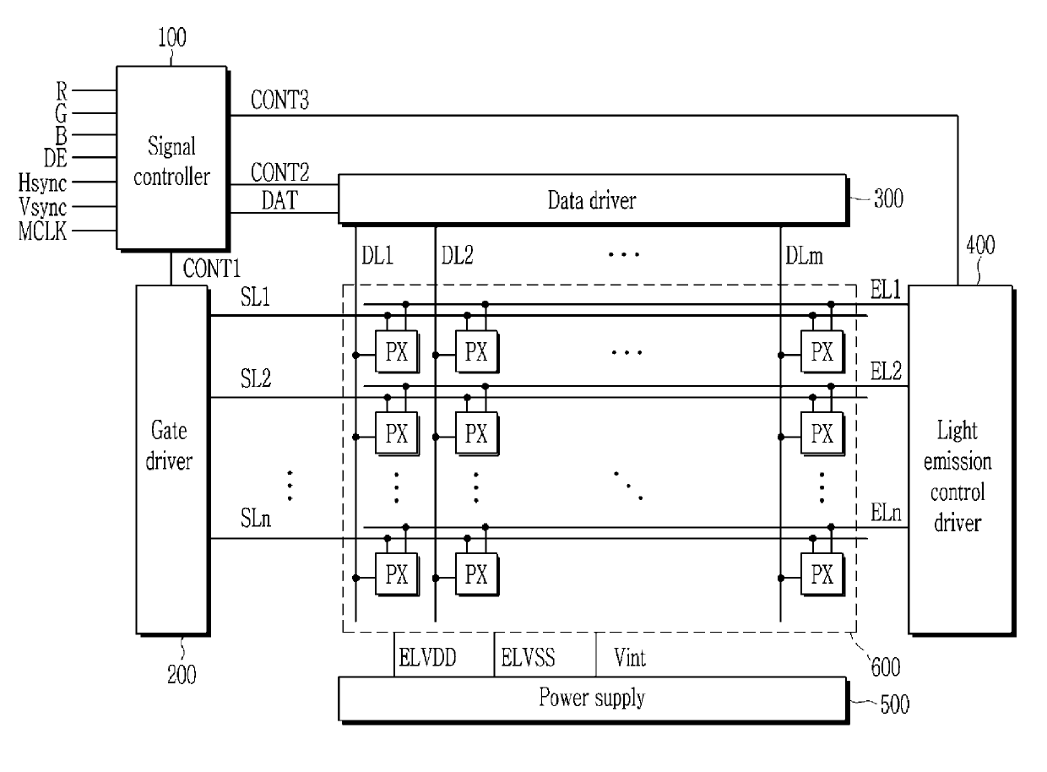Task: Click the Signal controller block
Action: (172, 158)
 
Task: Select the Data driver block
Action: (593, 199)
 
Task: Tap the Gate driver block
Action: (172, 460)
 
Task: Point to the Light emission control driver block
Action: (961, 460)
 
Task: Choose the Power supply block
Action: (593, 699)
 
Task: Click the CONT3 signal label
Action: (279, 100)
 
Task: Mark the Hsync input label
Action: (42, 182)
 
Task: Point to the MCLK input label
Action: (42, 231)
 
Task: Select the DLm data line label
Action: (804, 256)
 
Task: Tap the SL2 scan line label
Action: (256, 378)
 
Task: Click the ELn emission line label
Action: (886, 513)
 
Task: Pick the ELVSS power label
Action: (528, 657)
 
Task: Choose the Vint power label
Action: (630, 657)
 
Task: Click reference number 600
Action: (885, 666)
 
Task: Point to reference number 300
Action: (888, 198)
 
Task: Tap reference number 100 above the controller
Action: (172, 37)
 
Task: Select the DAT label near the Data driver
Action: (279, 200)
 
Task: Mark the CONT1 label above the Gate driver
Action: (212, 269)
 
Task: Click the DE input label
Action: (56, 158)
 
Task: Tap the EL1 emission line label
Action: (885, 290)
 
